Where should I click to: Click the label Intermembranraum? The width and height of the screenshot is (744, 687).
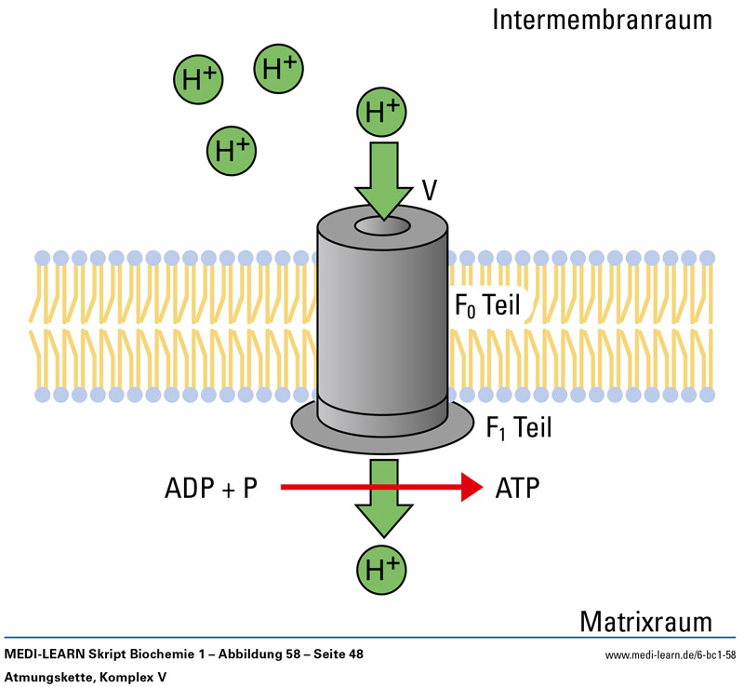pyautogui.click(x=603, y=20)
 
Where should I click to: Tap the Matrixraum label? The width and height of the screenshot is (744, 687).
pyautogui.click(x=645, y=621)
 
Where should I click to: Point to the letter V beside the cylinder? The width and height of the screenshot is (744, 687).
pyautogui.click(x=430, y=190)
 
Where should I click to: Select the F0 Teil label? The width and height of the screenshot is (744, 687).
pyautogui.click(x=486, y=305)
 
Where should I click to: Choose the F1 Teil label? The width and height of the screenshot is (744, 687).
pyautogui.click(x=519, y=427)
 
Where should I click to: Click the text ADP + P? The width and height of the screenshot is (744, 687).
pyautogui.click(x=211, y=487)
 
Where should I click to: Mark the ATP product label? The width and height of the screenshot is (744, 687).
pyautogui.click(x=518, y=487)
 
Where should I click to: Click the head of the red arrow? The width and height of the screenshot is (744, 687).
pyautogui.click(x=472, y=487)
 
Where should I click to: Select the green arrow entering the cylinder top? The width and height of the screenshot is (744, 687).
pyautogui.click(x=383, y=174)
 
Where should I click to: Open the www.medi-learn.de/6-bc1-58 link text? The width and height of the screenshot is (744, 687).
pyautogui.click(x=670, y=655)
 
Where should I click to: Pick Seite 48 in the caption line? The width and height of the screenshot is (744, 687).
pyautogui.click(x=333, y=654)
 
